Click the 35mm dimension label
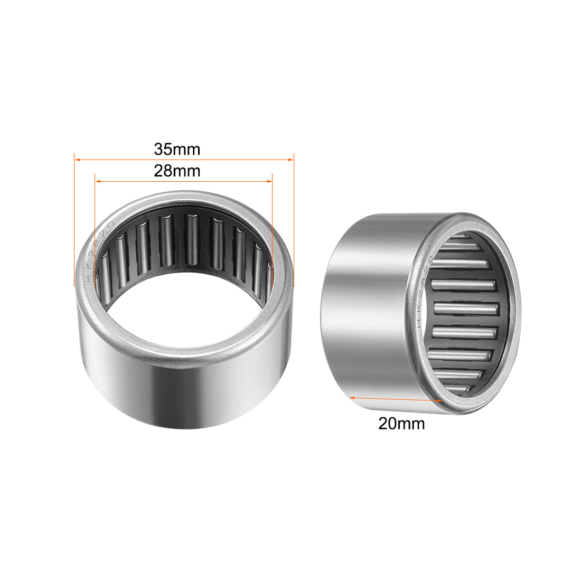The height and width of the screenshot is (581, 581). (x=177, y=149)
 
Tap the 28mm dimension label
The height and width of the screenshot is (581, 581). (x=177, y=171)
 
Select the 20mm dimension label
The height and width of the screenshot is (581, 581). (x=401, y=423)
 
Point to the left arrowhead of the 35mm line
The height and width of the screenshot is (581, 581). (x=77, y=158)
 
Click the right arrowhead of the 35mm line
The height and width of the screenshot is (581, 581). (x=290, y=158)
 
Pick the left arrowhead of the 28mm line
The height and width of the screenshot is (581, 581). (x=97, y=181)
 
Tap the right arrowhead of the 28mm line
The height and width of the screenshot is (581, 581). (x=269, y=181)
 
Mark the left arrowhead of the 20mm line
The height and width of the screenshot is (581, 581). (x=351, y=397)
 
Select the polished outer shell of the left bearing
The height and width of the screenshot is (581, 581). (x=185, y=396)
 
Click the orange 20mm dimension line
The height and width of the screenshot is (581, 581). (x=396, y=399)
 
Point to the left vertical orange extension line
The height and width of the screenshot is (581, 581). (x=74, y=222)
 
